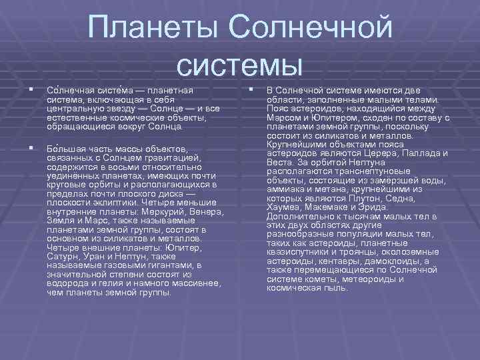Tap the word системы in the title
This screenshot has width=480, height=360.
[x=240, y=64]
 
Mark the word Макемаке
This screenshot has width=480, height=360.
[x=324, y=207]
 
